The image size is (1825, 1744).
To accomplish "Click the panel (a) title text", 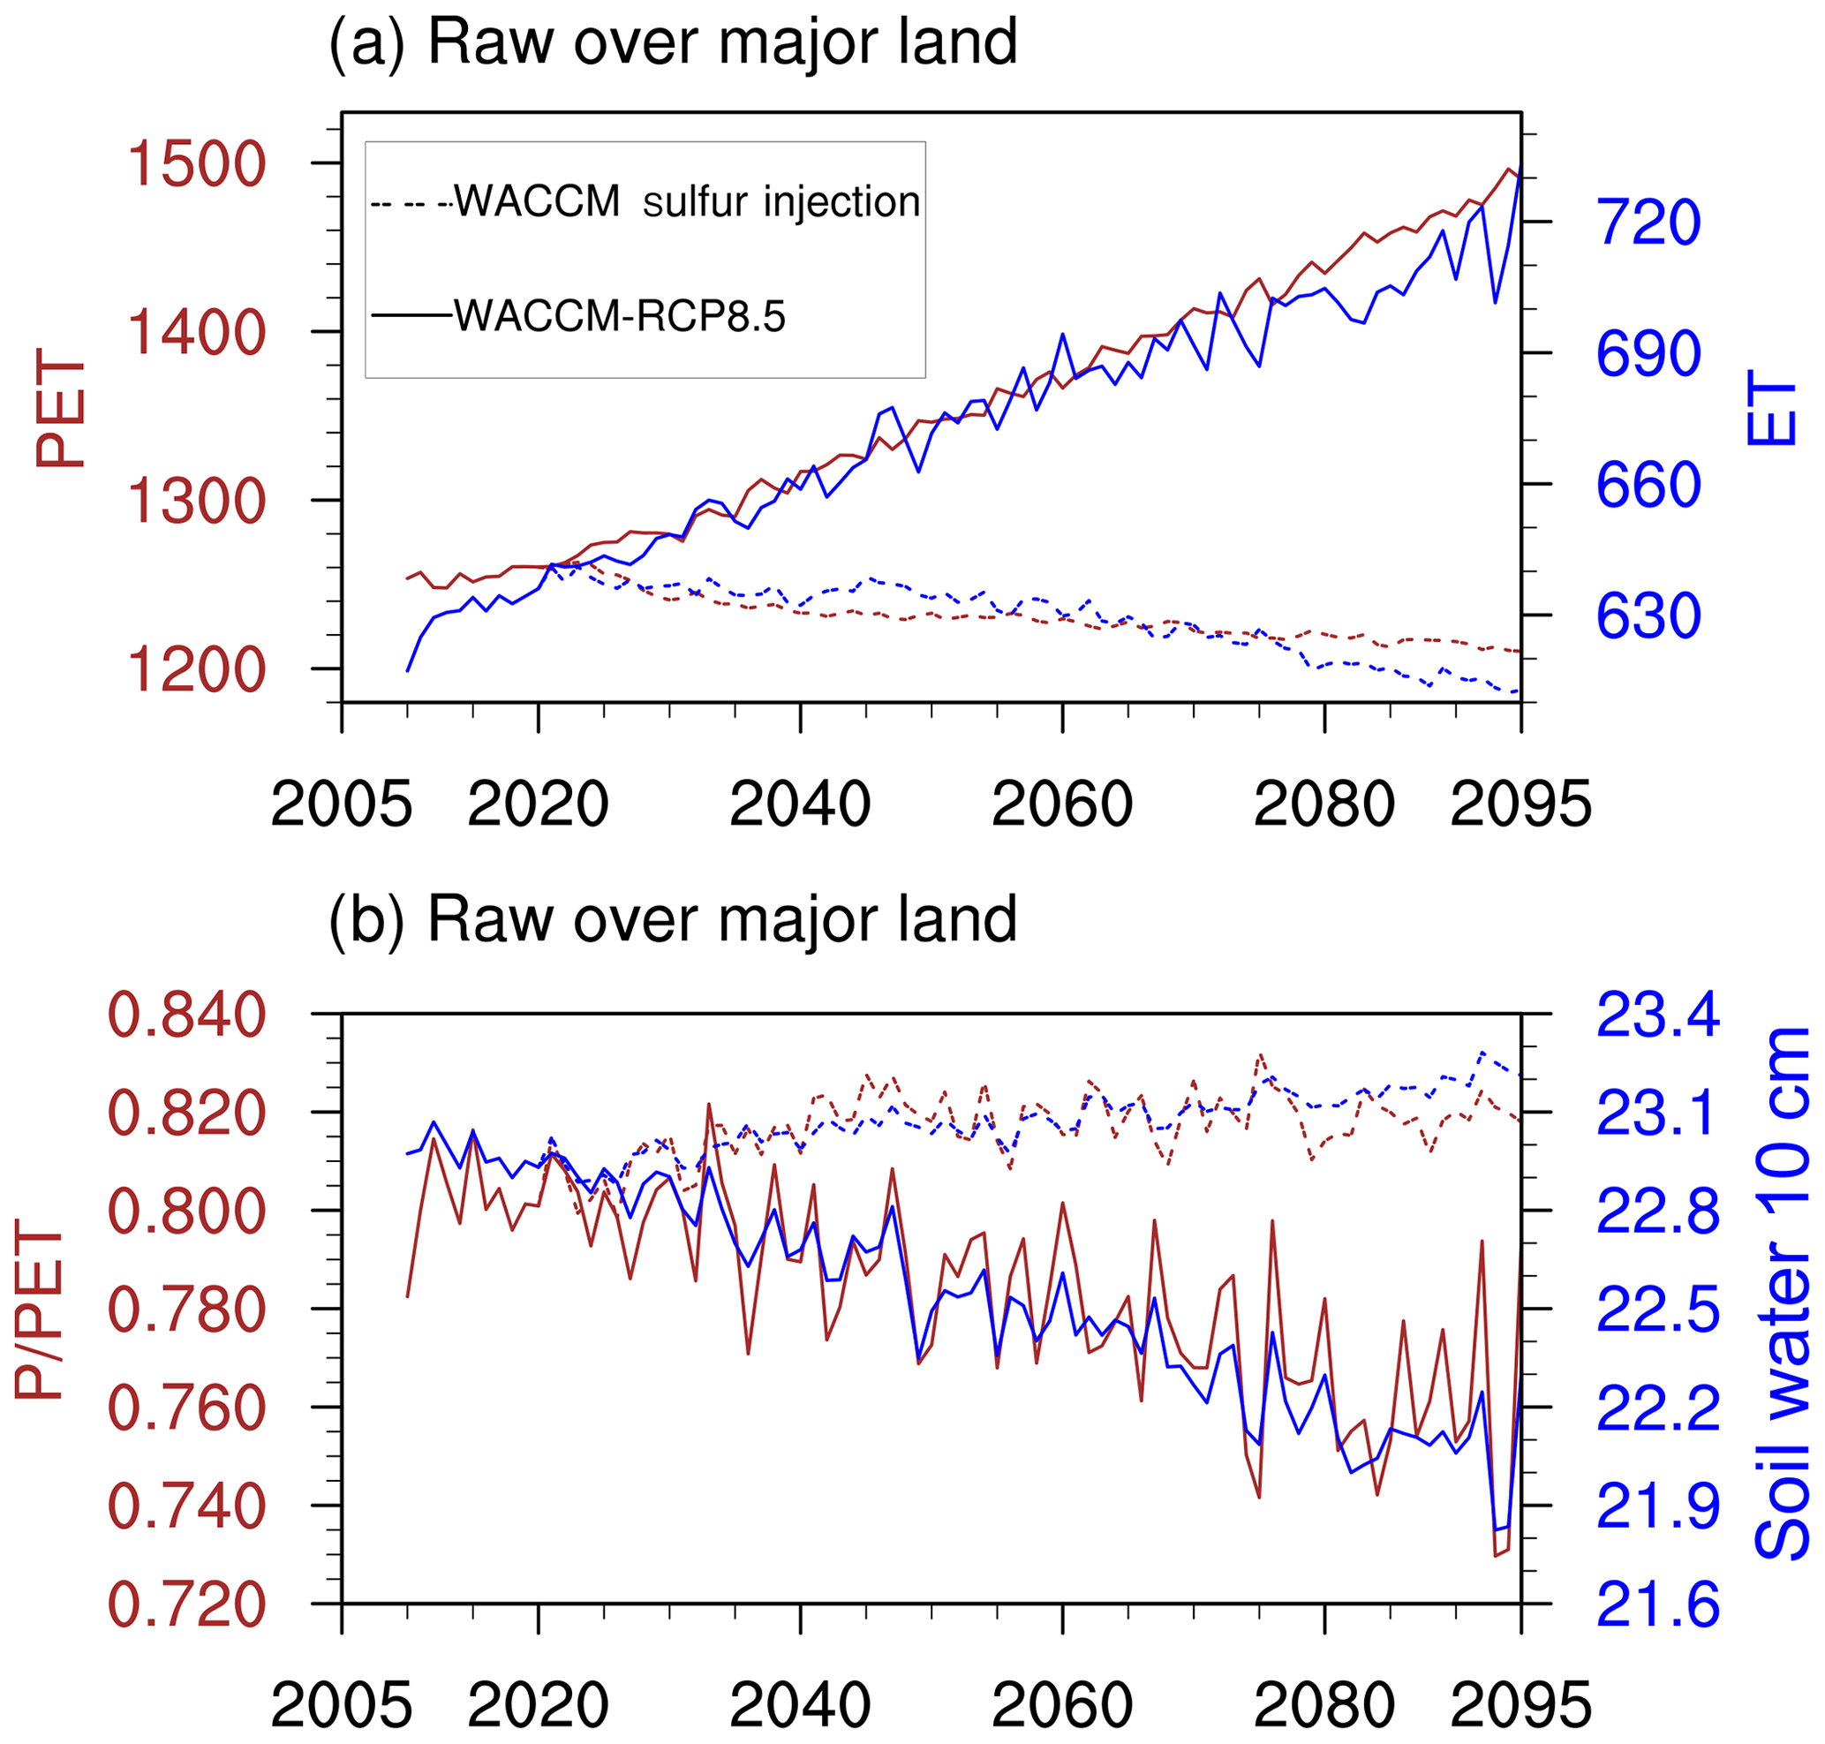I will pos(673,42).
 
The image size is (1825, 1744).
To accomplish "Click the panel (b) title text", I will pos(673,920).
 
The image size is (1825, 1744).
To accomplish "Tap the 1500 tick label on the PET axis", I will pos(196,164).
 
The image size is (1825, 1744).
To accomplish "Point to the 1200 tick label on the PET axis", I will pos(196,670).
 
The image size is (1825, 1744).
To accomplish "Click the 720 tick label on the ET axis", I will pos(1648,223).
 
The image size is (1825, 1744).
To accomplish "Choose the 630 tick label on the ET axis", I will pos(1648,616).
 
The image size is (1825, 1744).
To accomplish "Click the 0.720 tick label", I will pos(187,1605).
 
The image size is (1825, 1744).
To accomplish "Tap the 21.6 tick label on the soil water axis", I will pos(1657,1605).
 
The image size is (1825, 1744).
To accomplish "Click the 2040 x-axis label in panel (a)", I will pos(800,805).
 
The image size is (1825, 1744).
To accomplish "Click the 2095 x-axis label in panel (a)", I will pos(1521,805).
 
